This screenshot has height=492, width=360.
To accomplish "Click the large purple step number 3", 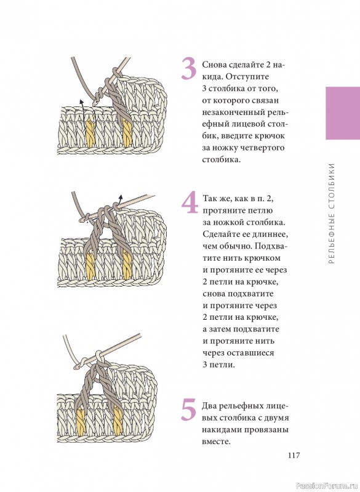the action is coord(189,69).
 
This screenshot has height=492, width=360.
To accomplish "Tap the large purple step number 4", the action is coord(190,202).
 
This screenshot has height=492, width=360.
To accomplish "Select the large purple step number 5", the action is coord(189,410).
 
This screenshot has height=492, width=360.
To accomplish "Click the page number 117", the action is coord(294,455).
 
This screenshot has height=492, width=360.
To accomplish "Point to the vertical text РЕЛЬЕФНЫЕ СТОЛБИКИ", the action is coord(332,213).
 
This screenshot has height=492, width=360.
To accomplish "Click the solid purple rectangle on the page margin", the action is coord(343,113).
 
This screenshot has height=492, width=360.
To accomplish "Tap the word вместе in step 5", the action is coord(216,442).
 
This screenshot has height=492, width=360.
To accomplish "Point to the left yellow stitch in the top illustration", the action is coord(90,133).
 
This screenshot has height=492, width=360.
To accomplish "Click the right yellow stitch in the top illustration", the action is coord(127,133).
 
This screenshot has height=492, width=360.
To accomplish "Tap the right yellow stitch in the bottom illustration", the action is coord(118,421).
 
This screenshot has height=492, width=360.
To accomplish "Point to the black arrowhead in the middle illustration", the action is coord(119,197).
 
